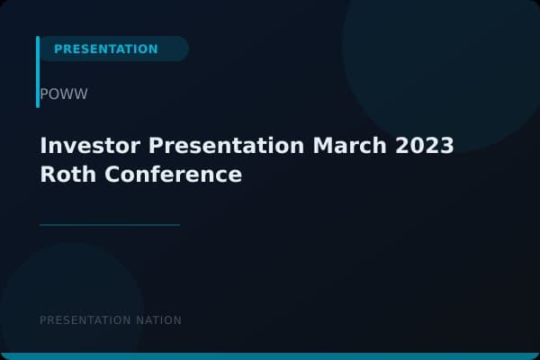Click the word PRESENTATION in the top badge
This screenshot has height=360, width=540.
105,49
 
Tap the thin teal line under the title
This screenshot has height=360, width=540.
110,225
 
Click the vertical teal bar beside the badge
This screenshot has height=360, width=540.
38,72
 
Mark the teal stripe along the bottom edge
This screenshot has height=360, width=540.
270,356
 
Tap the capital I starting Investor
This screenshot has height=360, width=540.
43,146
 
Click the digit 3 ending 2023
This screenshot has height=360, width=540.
446,146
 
